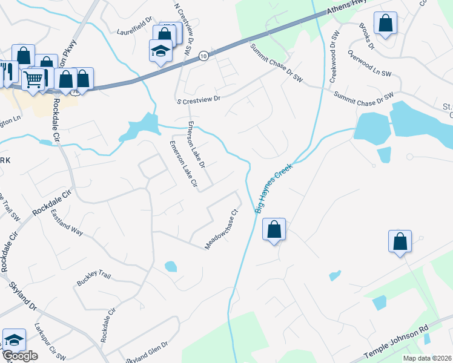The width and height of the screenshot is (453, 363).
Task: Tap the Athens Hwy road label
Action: pos(348,7)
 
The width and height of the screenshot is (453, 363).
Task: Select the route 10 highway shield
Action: pos(203,55)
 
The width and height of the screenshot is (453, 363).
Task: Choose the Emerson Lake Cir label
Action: pos(183,163)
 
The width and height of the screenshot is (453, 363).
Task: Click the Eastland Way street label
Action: pos(67,223)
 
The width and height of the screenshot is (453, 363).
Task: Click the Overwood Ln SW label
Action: pos(369,64)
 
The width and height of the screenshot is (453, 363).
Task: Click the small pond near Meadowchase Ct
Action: pos(171,266)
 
